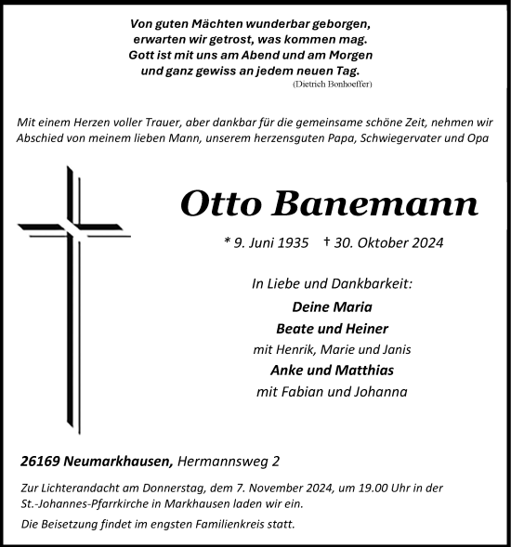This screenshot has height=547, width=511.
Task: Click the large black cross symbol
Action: (x=71, y=279)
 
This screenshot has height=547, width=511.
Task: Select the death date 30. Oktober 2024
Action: (x=383, y=243)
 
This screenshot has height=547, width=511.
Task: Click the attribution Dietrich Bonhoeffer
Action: (x=334, y=84)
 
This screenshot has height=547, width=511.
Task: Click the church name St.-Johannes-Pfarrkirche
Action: (x=82, y=503)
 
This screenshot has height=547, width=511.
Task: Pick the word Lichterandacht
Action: (x=75, y=488)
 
